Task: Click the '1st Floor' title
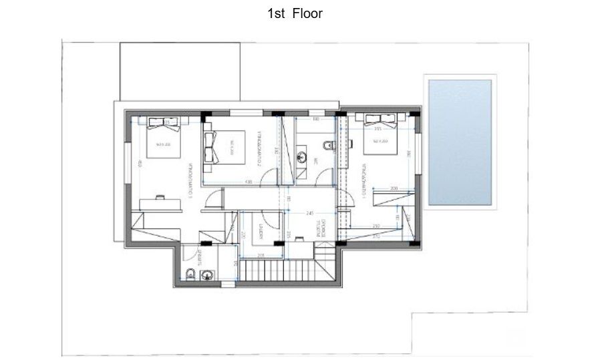pyautogui.click(x=295, y=13)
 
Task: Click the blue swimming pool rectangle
pyautogui.click(x=460, y=142)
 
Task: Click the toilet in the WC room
pyautogui.click(x=325, y=146)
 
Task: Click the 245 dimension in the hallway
pyautogui.click(x=309, y=213)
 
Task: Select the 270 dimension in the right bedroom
pyautogui.click(x=376, y=236)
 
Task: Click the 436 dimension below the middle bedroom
pyautogui.click(x=248, y=181)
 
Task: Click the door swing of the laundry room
pyautogui.click(x=271, y=220)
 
